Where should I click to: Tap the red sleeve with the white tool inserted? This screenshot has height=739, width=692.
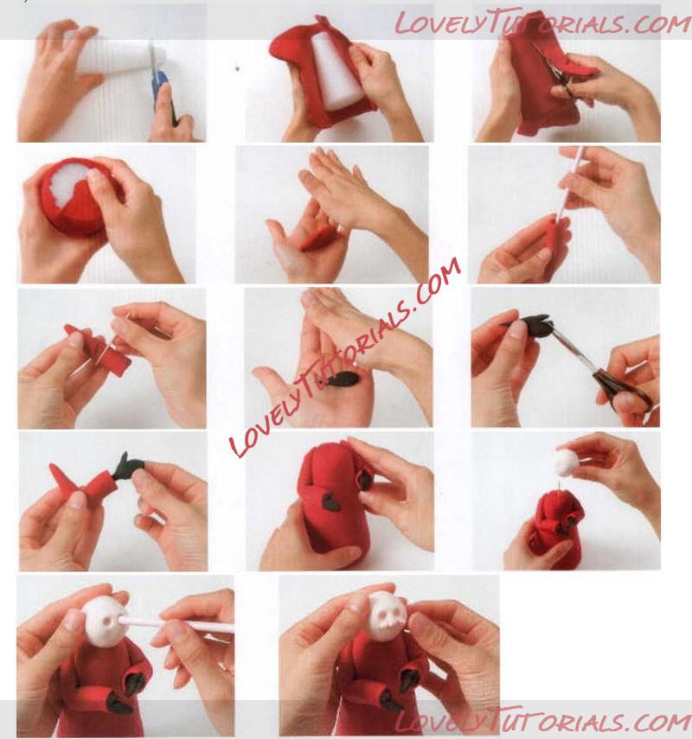coord(555,245)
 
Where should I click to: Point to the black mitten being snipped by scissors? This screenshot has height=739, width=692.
coord(529,324)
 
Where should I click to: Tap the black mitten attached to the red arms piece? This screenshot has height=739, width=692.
coord(126,466)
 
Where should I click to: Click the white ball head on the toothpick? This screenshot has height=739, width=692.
coord(570,462)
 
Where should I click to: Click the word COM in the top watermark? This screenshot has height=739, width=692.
coord(662,24)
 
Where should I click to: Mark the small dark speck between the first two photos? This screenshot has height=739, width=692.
coord(237,69)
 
